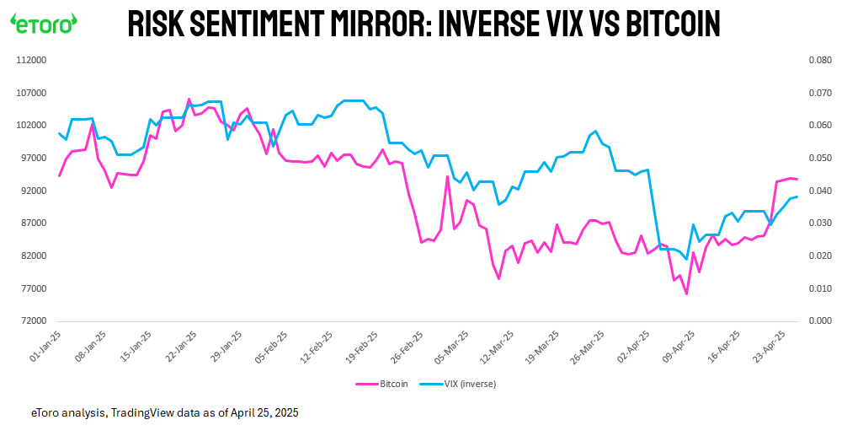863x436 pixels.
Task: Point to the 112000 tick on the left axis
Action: (30, 61)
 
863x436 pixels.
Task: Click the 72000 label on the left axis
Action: (33, 321)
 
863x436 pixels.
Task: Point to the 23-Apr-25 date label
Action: (772, 346)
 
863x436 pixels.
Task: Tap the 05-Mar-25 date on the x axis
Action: (452, 346)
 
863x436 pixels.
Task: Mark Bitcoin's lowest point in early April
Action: (686, 293)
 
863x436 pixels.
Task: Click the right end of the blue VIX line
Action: (796, 196)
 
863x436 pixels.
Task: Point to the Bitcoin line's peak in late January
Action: (189, 100)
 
